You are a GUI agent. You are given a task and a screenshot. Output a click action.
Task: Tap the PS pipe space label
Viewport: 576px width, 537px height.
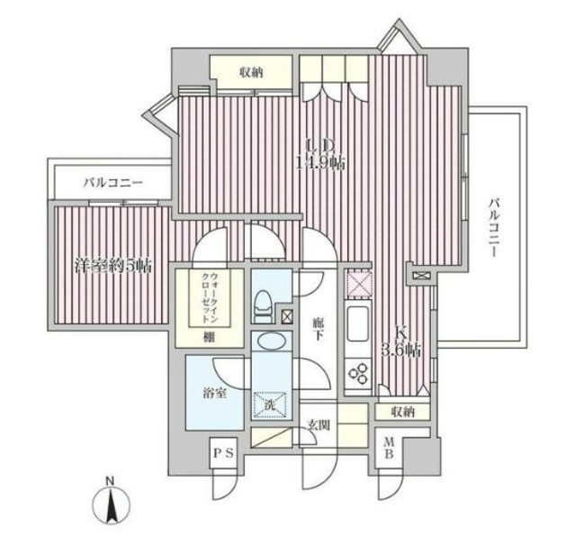point(223,453)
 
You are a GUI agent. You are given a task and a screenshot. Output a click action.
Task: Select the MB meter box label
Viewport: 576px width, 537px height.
point(389,449)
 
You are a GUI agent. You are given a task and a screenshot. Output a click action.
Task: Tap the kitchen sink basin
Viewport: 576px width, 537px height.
point(358,323)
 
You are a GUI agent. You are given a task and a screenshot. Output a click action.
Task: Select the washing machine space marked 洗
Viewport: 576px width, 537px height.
point(270,405)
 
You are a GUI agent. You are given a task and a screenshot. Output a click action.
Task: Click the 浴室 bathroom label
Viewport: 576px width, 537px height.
point(214,394)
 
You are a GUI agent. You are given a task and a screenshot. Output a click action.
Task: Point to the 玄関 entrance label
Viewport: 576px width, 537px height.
point(319,425)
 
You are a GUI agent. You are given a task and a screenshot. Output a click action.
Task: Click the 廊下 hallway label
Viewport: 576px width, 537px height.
point(318,329)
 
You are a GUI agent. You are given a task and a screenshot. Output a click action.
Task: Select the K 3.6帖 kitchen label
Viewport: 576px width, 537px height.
point(400,342)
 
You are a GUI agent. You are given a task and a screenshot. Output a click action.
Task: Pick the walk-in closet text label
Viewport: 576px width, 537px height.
point(210,298)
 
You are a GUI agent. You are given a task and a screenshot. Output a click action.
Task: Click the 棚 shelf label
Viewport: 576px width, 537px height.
point(210,337)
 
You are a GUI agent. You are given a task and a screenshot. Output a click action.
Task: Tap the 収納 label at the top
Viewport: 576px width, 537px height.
point(252,72)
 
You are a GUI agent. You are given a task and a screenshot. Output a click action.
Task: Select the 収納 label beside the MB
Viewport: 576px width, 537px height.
point(403,412)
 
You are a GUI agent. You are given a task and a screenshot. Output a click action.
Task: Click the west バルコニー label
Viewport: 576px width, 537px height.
point(112,182)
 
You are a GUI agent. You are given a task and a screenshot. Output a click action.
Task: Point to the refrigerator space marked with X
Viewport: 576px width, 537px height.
point(358,284)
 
